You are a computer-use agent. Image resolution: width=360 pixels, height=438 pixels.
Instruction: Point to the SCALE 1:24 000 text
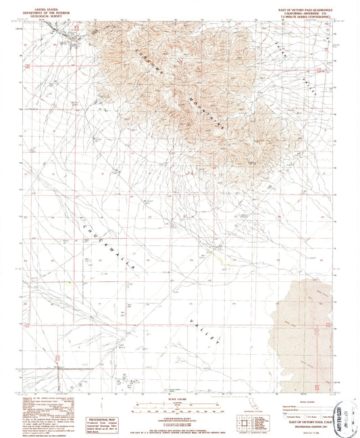[x=177, y=397]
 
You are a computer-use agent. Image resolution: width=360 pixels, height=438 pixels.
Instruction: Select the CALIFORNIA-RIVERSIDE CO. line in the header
[x=300, y=10]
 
